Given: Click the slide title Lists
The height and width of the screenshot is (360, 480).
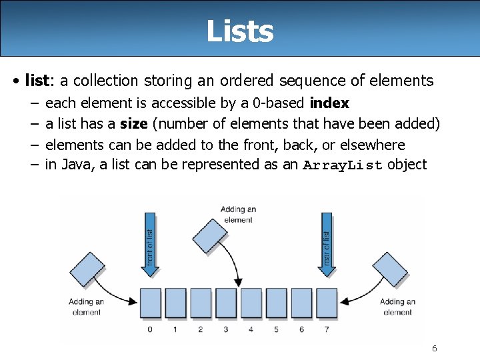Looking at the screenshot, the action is click(240, 31).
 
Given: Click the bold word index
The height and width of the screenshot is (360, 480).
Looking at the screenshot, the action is click(329, 103).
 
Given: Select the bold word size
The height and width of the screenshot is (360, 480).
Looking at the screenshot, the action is click(133, 124).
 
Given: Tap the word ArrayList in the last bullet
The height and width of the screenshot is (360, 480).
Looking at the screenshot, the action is click(343, 165).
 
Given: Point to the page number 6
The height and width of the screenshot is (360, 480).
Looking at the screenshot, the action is click(434, 349).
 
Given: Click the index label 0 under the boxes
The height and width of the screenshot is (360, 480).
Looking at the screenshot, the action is click(150, 329).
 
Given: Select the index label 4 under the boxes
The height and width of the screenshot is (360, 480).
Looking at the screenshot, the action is click(251, 329).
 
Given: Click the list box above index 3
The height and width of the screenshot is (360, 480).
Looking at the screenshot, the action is click(226, 303).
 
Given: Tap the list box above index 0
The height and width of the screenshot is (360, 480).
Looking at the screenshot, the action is click(150, 303).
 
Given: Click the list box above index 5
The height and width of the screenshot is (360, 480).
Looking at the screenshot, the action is click(277, 303).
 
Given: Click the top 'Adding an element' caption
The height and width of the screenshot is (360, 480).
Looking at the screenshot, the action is click(238, 215).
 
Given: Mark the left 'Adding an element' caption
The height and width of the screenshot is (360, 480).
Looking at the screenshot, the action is click(86, 307).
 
